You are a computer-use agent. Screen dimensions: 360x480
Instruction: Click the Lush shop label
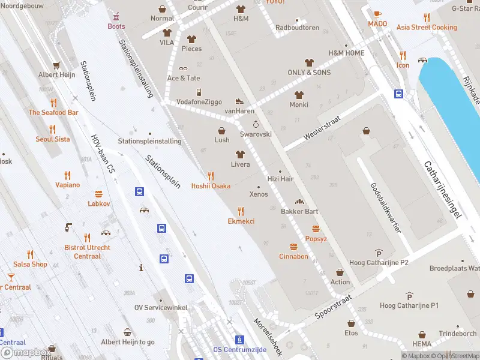coord(222,140)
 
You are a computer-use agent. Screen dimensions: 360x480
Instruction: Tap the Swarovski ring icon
coord(256,124)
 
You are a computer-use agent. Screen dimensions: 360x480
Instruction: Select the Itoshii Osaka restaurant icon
coord(211,176)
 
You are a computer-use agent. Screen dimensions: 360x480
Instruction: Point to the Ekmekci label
coord(241,221)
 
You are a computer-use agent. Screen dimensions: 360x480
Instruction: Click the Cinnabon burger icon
coord(293,247)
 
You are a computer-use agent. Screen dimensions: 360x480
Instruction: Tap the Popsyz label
coord(316,239)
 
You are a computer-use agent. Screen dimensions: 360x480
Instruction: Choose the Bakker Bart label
coord(299,211)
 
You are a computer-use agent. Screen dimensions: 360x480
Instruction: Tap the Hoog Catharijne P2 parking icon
coord(378,252)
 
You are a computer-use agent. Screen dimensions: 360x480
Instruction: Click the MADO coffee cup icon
coord(377,14)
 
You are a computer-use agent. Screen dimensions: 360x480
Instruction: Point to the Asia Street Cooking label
coord(427,28)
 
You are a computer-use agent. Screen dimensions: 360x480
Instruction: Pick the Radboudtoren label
coord(297,28)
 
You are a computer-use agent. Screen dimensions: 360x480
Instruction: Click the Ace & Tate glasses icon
coord(183,68)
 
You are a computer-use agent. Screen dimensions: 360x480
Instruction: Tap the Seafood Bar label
coord(53,112)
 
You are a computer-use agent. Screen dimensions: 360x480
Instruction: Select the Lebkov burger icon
coord(99,194)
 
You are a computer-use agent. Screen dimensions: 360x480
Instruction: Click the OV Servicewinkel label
coord(161,307)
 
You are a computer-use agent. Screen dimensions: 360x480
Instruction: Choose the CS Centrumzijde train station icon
coord(239,340)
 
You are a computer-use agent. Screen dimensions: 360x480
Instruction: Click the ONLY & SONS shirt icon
coord(309,62)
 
